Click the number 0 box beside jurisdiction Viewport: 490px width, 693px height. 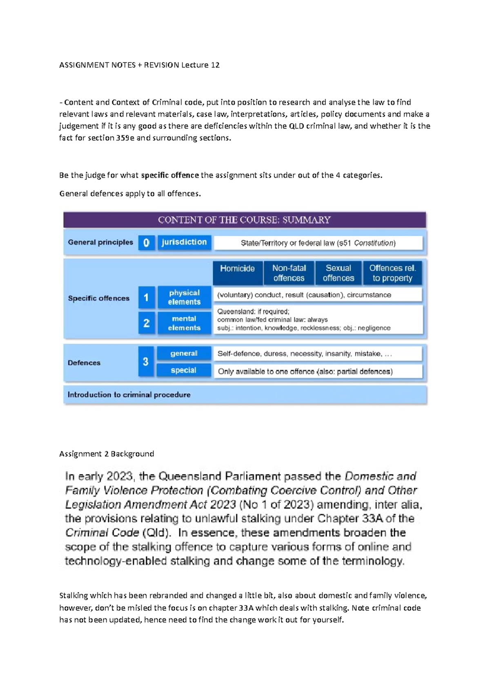[146, 243]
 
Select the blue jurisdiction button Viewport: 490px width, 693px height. [184, 242]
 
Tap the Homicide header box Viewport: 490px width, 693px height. [237, 273]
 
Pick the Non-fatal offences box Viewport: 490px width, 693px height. [289, 273]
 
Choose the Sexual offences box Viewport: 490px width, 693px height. [338, 273]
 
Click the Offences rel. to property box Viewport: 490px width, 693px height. [392, 273]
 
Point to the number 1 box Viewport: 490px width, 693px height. [146, 298]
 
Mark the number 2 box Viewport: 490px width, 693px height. [146, 323]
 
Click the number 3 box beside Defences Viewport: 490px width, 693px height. [146, 361]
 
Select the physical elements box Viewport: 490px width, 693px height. [184, 298]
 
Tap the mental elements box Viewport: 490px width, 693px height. [184, 323]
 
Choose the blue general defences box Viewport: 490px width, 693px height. [184, 353]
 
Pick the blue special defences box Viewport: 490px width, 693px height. [184, 370]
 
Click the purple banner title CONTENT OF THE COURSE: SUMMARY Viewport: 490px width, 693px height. [244, 220]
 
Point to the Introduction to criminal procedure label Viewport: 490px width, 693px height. [129, 395]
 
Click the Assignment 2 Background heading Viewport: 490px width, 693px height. [107, 454]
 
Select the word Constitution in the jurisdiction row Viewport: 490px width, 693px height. [374, 243]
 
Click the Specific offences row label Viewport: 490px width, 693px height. [99, 298]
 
